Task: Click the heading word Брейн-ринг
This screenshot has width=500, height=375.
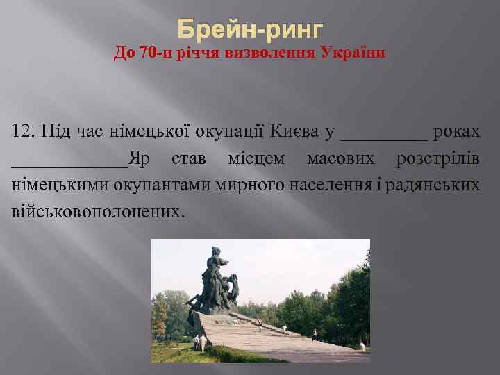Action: pyautogui.click(x=250, y=29)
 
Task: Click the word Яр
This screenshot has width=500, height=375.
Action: pyautogui.click(x=139, y=160)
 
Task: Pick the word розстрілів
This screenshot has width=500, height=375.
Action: pyautogui.click(x=437, y=160)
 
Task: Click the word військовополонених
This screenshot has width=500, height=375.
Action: pyautogui.click(x=98, y=210)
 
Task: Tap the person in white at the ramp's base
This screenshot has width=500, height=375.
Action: pyautogui.click(x=197, y=341)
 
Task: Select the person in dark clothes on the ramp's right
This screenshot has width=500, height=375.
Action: pyautogui.click(x=314, y=335)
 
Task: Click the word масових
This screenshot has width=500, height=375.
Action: pyautogui.click(x=340, y=160)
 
